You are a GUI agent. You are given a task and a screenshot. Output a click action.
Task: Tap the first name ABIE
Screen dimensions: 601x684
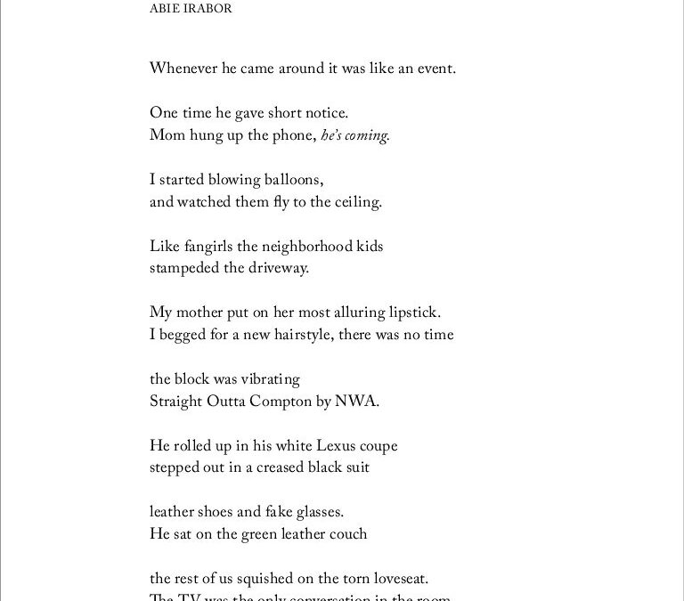163,10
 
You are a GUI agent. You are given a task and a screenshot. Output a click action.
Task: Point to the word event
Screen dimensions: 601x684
436,68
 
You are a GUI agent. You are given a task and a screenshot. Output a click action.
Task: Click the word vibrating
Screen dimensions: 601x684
268,379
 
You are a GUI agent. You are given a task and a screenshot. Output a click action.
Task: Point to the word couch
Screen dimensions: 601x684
346,534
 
